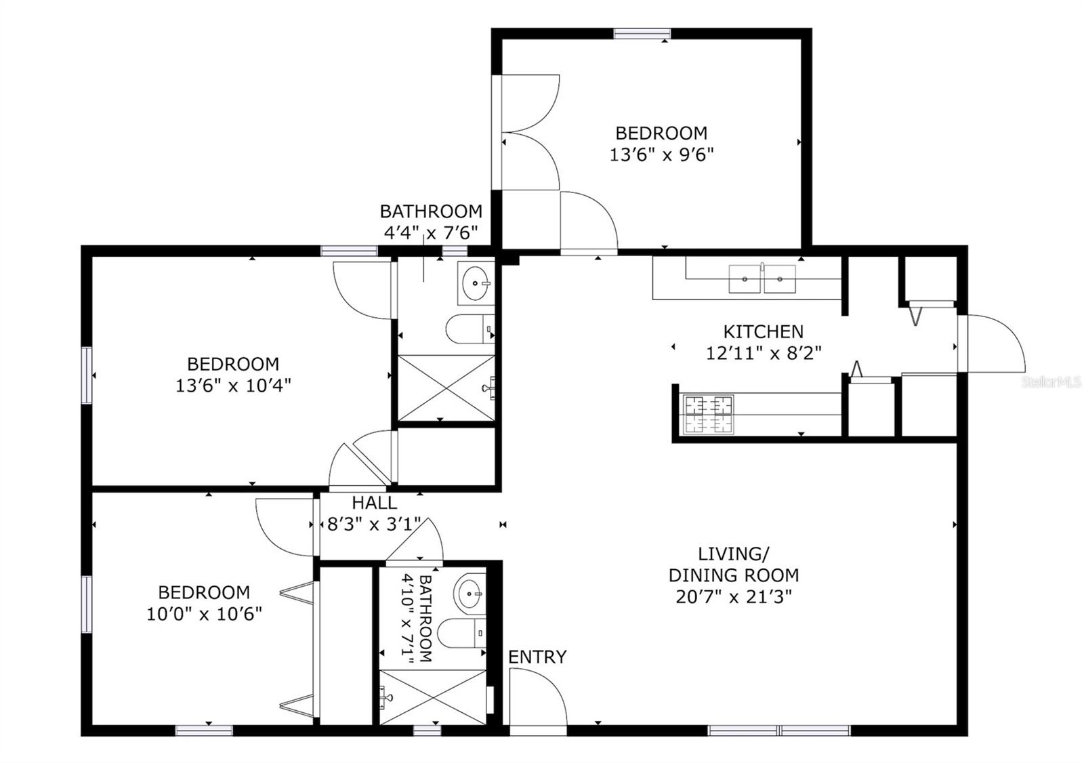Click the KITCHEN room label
click(x=763, y=331)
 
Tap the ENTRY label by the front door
click(x=537, y=657)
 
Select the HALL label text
click(x=374, y=503)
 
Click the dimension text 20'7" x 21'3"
click(x=734, y=597)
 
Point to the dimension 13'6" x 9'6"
click(x=661, y=155)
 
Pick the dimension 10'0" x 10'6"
click(x=204, y=614)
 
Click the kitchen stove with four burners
click(x=707, y=415)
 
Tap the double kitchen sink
click(x=762, y=279)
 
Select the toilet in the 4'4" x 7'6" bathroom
click(x=470, y=329)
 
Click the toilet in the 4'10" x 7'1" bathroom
click(x=461, y=634)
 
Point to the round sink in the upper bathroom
click(x=476, y=283)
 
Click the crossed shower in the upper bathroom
click(x=446, y=388)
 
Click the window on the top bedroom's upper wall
click(x=642, y=34)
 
